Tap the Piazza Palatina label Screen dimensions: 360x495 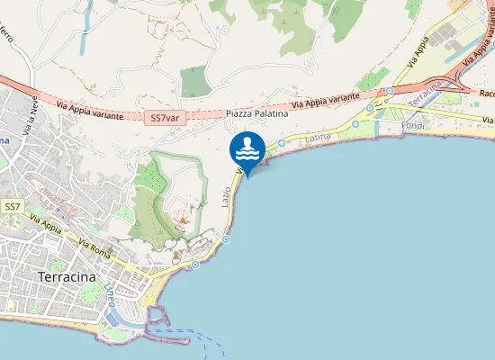(257, 113)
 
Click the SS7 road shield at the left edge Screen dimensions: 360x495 (12, 207)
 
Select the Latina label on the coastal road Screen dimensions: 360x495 (319, 138)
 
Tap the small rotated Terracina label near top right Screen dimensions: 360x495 (426, 93)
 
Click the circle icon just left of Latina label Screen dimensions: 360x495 (282, 142)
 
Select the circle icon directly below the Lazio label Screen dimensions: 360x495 (226, 238)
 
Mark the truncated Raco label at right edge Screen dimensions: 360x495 (486, 93)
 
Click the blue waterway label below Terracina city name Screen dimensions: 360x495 (112, 293)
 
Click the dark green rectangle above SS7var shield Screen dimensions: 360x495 (193, 82)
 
